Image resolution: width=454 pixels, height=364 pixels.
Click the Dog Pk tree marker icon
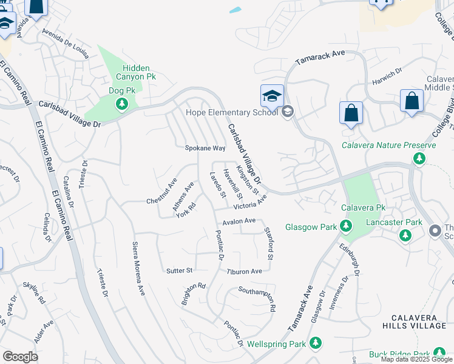click(121, 104)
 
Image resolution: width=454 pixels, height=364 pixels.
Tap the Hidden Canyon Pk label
click(130, 73)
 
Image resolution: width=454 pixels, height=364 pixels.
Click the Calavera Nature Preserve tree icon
click(419, 158)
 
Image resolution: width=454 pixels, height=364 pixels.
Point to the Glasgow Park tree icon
click(346, 226)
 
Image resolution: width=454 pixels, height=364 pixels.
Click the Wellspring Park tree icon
click(315, 343)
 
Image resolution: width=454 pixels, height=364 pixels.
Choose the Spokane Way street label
click(205, 148)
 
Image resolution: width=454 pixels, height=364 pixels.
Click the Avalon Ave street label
click(239, 222)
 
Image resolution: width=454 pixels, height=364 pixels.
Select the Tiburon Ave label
click(244, 271)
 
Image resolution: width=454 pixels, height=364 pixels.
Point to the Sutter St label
click(179, 271)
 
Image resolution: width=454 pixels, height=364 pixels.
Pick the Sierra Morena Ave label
click(138, 269)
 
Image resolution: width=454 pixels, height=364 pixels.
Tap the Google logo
click(21, 357)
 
